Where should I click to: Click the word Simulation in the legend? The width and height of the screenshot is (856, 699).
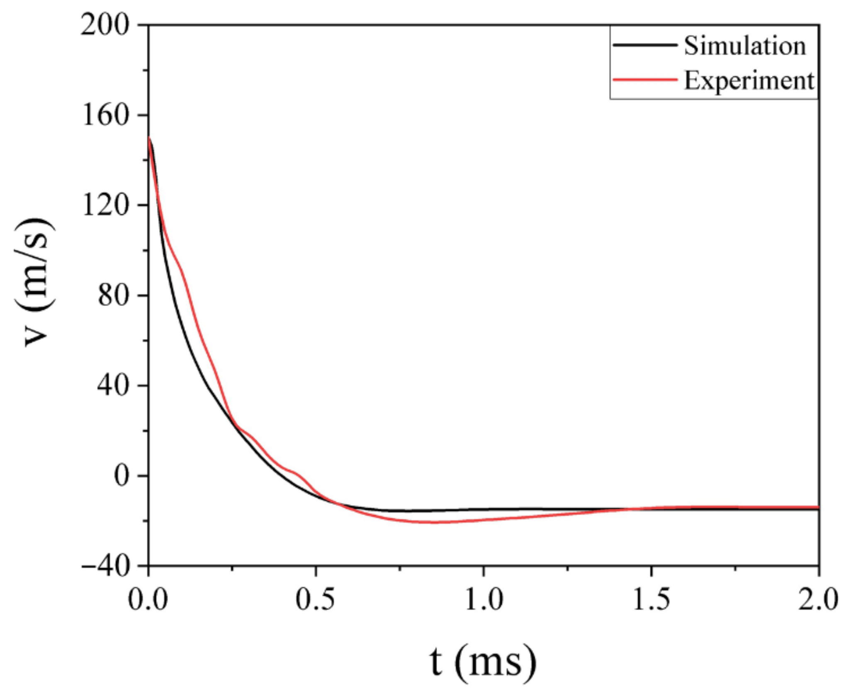point(745,46)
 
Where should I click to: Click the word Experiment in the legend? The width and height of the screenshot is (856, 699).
point(749,81)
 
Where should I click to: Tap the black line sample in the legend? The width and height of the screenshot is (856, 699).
point(644,45)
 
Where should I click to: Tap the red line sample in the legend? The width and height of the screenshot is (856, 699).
point(644,79)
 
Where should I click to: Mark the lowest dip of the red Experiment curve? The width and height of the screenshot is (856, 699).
point(433,523)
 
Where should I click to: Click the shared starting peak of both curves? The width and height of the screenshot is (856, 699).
point(149,138)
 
